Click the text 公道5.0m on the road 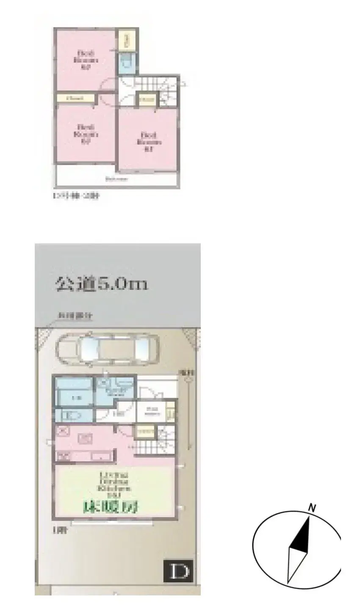coord(102,284)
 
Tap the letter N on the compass coord(312,508)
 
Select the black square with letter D coord(178,571)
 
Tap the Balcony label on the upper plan coord(116,179)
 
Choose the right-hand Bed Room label coord(148,142)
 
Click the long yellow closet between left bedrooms coord(75,98)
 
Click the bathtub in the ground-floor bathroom coord(75,398)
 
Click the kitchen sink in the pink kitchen coord(85,438)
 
